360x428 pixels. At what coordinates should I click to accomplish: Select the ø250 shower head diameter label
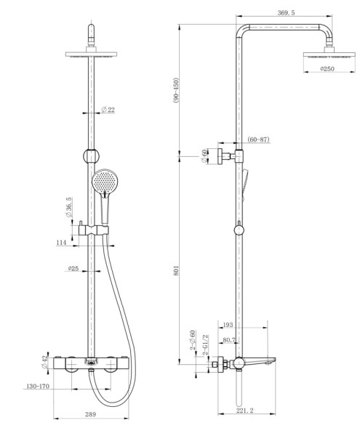point(328,69)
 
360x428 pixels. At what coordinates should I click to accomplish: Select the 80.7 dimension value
point(229,339)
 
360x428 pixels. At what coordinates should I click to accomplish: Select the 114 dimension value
point(61,242)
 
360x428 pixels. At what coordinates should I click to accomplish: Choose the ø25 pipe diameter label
point(73,268)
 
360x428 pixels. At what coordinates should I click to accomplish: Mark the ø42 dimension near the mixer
point(44,361)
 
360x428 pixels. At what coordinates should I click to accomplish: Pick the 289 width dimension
point(90,414)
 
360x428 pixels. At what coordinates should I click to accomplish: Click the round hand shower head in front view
point(105,181)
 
